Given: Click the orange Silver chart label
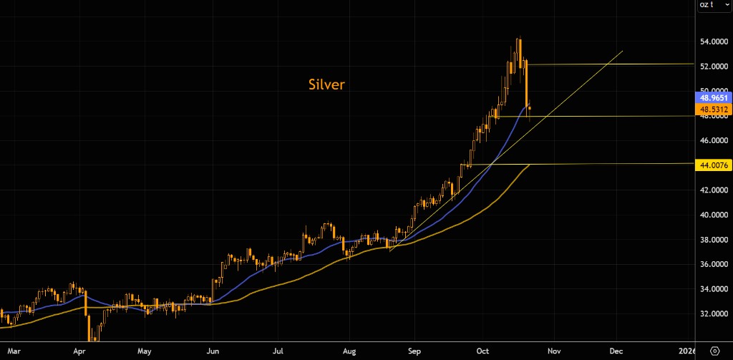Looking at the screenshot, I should (x=326, y=84).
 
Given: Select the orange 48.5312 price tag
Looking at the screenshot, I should (x=714, y=110).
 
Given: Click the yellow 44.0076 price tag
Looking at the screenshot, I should (x=714, y=165).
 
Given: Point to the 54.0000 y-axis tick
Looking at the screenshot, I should (x=713, y=42).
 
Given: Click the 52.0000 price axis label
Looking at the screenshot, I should (x=713, y=67).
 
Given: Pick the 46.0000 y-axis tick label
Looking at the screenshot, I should (x=713, y=141).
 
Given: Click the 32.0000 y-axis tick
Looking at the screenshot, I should (x=713, y=314).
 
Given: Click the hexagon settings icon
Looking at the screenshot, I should (x=714, y=351).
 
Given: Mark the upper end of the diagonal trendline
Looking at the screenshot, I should (x=623, y=51).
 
